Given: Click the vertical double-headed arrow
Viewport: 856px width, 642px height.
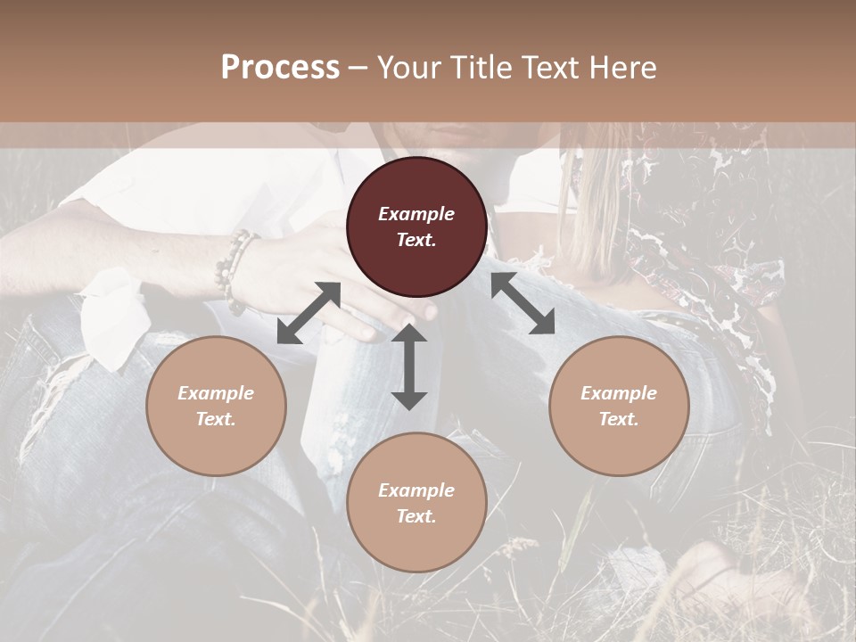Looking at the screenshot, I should point(409,366).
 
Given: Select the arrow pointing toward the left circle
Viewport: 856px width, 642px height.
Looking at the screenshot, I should point(309,312).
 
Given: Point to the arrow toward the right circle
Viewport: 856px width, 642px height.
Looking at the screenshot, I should point(523,303).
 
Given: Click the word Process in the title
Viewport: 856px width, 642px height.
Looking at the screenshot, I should point(280,67).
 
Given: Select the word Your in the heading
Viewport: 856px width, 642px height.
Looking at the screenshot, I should point(407,67).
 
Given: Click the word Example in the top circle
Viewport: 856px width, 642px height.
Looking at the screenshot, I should point(416,214).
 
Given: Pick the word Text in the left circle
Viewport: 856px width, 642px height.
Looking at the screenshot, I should point(216,419).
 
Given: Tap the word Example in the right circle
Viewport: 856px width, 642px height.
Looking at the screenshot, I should point(619,393).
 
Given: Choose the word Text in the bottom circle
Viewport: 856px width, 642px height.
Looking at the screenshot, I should point(416,516).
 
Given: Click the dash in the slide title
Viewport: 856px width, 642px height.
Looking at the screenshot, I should point(358,67).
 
